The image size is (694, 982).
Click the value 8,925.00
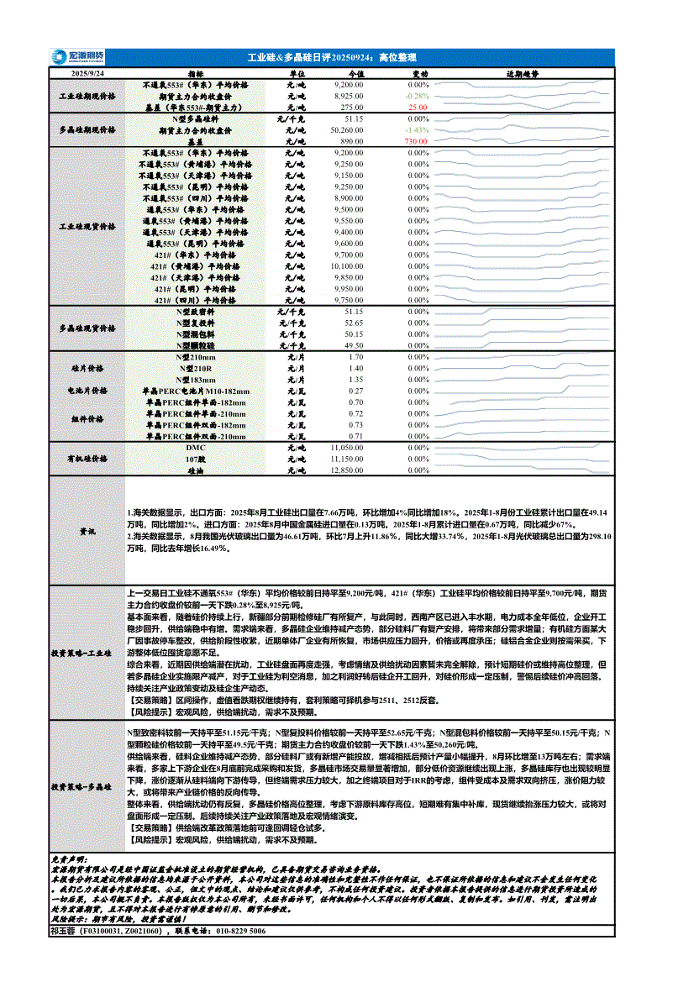pos(349,97)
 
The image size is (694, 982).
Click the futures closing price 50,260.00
pos(347,131)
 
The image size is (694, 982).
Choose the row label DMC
pos(196,449)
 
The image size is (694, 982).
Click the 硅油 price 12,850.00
pos(347,470)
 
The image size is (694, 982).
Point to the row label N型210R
pos(197,369)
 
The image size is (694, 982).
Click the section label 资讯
pos(87,533)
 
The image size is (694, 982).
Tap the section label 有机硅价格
pos(87,459)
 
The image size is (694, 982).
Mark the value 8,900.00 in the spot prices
pos(348,198)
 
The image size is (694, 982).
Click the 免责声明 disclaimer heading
pos(69,860)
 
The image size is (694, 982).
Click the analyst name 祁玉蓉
pos(64,932)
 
